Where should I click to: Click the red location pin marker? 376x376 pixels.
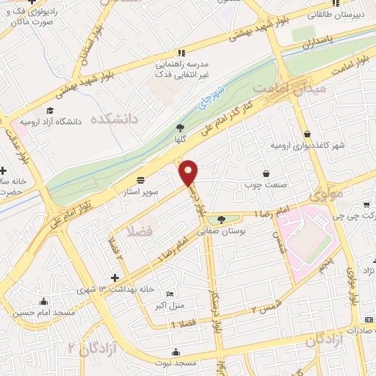point(189,173)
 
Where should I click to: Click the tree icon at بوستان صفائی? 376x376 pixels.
point(221,219)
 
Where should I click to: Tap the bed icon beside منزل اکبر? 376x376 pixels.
point(170,293)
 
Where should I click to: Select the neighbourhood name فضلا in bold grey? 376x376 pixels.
point(140,231)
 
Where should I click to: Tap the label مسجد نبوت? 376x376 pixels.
point(176,362)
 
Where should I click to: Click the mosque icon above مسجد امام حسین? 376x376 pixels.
point(43,301)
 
